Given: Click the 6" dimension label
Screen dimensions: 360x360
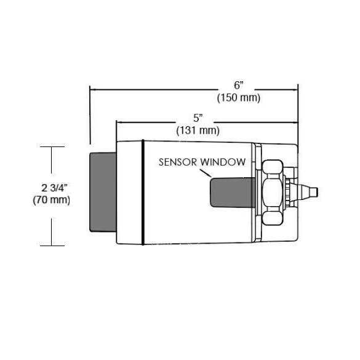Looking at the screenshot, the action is pyautogui.click(x=239, y=86).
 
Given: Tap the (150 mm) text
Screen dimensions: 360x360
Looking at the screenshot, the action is pyautogui.click(x=239, y=98).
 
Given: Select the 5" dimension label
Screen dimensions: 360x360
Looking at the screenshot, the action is pyautogui.click(x=198, y=119).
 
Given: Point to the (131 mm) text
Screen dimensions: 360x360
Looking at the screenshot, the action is pyautogui.click(x=198, y=130).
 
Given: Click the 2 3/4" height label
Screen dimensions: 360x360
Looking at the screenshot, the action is pyautogui.click(x=54, y=188).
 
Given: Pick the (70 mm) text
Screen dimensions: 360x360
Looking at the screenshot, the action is pyautogui.click(x=52, y=200).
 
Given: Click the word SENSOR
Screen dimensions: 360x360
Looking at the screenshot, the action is pyautogui.click(x=178, y=162).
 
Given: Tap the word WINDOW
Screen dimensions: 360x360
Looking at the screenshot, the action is pyautogui.click(x=223, y=162).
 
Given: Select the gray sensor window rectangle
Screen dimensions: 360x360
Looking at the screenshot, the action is pyautogui.click(x=233, y=193).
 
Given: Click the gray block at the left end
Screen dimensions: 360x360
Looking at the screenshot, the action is pyautogui.click(x=103, y=192).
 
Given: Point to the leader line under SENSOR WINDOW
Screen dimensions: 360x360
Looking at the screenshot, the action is pyautogui.click(x=206, y=173).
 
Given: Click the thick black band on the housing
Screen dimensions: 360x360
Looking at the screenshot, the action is pyautogui.click(x=143, y=192).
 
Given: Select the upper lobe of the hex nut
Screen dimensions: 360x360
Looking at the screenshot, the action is pyautogui.click(x=272, y=167).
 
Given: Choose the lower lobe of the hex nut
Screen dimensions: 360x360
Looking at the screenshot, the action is pyautogui.click(x=272, y=218).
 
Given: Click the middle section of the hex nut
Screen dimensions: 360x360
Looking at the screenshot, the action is pyautogui.click(x=272, y=193).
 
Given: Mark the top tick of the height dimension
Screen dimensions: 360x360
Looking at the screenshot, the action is pyautogui.click(x=52, y=146).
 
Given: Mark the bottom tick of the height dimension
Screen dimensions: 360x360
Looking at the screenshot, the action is pyautogui.click(x=52, y=246).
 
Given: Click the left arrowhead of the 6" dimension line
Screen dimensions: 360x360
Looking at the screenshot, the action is pyautogui.click(x=92, y=89).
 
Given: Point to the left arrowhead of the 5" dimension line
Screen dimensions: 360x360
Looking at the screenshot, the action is pyautogui.click(x=119, y=122).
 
